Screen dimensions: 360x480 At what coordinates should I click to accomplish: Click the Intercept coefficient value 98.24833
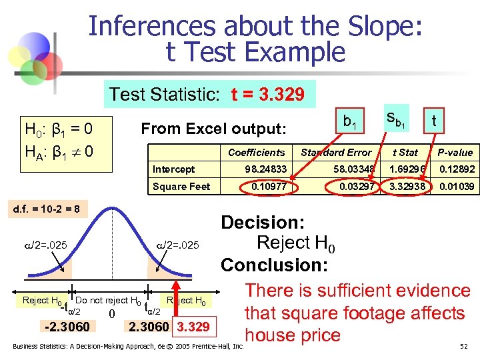point(265,170)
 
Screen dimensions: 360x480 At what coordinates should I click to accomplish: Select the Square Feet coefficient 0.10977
point(269,187)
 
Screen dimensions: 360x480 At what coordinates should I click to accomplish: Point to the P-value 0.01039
point(456,187)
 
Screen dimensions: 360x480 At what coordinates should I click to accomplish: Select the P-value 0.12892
point(456,170)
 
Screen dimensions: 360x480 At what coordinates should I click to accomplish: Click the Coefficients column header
point(256,153)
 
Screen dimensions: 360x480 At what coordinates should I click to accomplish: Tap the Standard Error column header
point(336,153)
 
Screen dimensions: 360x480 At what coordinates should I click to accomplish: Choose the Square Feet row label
point(181,187)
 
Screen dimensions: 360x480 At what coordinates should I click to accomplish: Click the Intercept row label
point(173,170)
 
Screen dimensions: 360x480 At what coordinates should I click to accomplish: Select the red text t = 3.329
point(268,95)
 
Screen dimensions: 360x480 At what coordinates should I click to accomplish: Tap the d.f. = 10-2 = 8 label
point(43,209)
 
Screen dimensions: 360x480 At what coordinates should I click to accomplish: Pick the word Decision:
point(263,223)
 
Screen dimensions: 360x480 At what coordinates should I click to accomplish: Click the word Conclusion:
point(274,265)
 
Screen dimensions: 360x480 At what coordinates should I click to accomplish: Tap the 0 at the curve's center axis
point(113,314)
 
